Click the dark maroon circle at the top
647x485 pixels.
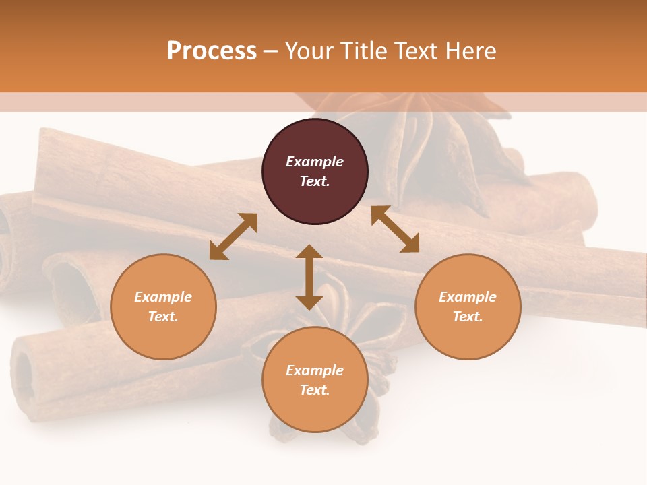(315, 172)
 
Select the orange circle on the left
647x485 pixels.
(163, 306)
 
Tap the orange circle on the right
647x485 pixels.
(468, 306)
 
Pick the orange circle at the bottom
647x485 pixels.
(315, 380)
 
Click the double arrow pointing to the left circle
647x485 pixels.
(233, 236)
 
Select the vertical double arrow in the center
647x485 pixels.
(309, 277)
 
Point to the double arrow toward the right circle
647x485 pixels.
(395, 229)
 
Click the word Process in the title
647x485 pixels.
(212, 51)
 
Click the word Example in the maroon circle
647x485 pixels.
(315, 162)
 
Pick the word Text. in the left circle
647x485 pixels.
(163, 317)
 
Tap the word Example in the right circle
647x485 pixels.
(468, 297)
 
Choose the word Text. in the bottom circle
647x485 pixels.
(315, 390)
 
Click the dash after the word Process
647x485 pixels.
(270, 51)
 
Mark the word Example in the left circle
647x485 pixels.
(163, 297)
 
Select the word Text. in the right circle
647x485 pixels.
(468, 317)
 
